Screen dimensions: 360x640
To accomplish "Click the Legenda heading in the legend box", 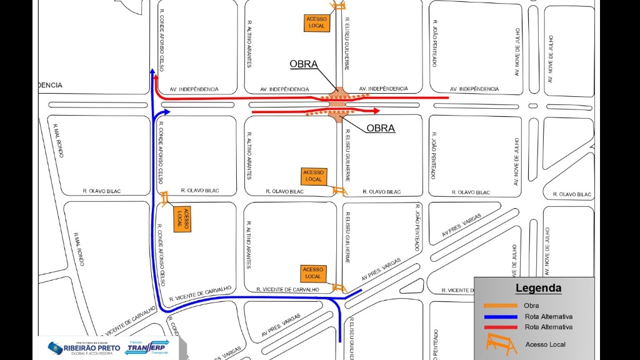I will [538, 289].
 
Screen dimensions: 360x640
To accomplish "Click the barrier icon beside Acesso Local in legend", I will [500, 343].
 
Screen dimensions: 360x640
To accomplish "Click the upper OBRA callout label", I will [304, 64].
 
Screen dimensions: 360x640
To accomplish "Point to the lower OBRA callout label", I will [381, 129].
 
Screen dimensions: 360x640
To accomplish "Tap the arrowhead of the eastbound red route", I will [376, 111].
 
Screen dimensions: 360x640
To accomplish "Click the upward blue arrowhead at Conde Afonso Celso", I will [152, 73].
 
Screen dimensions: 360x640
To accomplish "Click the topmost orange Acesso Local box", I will [316, 22].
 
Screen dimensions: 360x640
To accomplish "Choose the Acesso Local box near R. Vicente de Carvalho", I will [313, 272].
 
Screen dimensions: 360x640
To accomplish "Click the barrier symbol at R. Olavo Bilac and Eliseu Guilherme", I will [339, 191].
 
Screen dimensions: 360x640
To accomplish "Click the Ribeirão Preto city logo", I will [80, 348].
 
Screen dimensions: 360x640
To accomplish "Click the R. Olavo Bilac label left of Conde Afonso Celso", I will [102, 191].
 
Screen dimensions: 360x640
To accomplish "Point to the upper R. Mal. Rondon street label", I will [57, 141].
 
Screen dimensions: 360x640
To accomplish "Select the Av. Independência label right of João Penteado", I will [475, 89].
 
